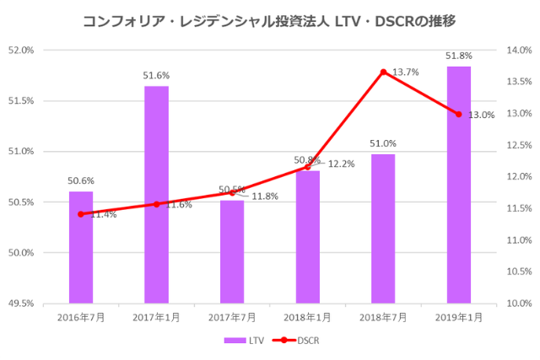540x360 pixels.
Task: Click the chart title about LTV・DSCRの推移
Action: (x=270, y=19)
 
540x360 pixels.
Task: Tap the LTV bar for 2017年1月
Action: (x=156, y=194)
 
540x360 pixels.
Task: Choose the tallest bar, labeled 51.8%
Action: (x=458, y=185)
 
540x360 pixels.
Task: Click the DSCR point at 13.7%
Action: (x=383, y=72)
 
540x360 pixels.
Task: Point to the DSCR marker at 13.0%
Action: (x=458, y=114)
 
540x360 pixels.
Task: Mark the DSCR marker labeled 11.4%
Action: (x=81, y=214)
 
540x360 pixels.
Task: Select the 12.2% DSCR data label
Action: (x=340, y=164)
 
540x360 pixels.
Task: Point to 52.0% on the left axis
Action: (x=21, y=50)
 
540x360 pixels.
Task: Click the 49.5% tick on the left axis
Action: (x=21, y=303)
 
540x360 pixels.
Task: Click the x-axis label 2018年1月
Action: (x=307, y=317)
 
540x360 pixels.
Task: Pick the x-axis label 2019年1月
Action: (x=458, y=317)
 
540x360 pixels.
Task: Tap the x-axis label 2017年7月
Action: (x=232, y=317)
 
